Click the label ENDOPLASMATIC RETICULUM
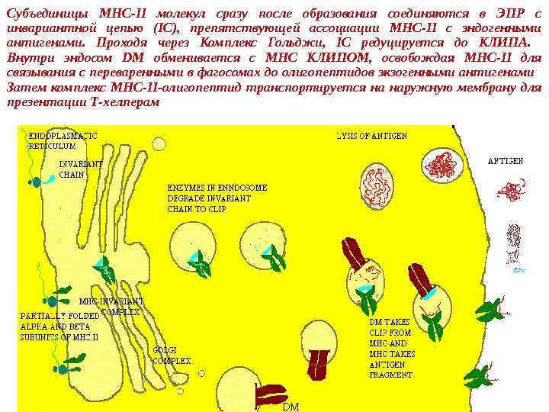click(58, 140)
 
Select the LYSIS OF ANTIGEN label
click(372, 136)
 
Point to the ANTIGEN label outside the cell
click(505, 161)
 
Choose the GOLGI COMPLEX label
click(172, 355)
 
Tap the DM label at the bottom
click(291, 407)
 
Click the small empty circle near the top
click(159, 144)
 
